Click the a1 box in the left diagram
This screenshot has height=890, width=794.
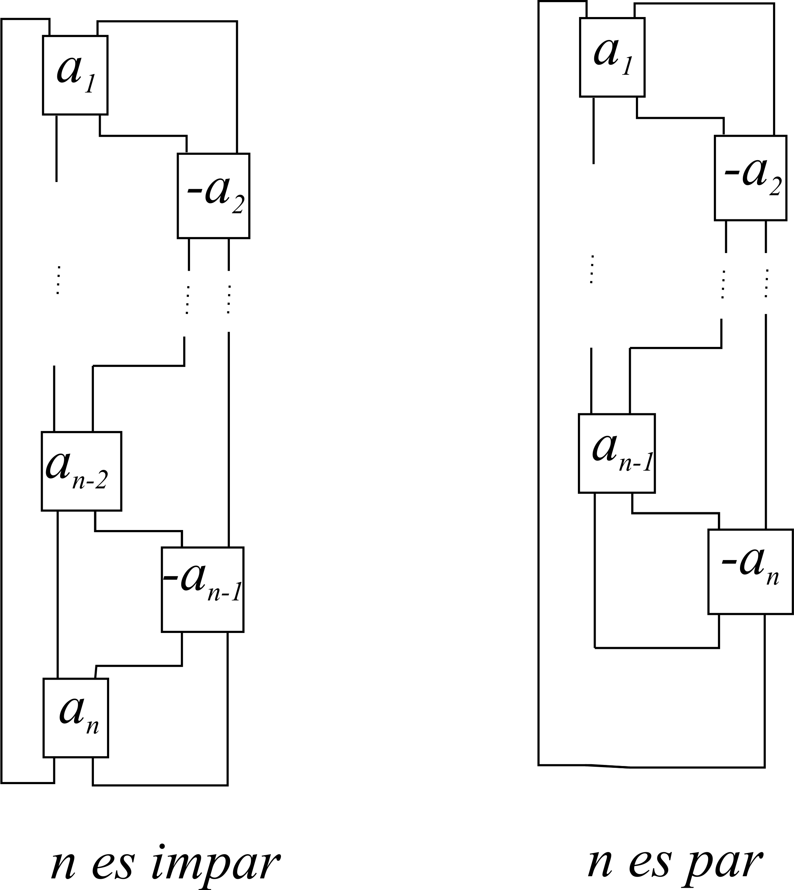pos(75,75)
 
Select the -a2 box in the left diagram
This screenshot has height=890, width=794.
pos(213,195)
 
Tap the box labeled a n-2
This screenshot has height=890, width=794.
pos(81,471)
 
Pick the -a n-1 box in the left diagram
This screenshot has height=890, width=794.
pos(202,589)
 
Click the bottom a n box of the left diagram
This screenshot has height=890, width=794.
pos(75,718)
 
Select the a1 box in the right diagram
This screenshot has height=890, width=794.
pos(612,57)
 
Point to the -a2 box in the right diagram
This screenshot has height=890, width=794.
pos(750,178)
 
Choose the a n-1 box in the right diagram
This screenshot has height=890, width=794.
pos(616,453)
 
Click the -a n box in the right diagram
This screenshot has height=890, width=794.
pos(750,571)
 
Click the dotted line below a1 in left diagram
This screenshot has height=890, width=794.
pos(58,280)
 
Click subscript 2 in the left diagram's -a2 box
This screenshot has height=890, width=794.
pos(238,205)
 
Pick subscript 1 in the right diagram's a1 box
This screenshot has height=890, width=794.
pos(627,67)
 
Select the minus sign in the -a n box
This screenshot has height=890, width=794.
pos(727,566)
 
